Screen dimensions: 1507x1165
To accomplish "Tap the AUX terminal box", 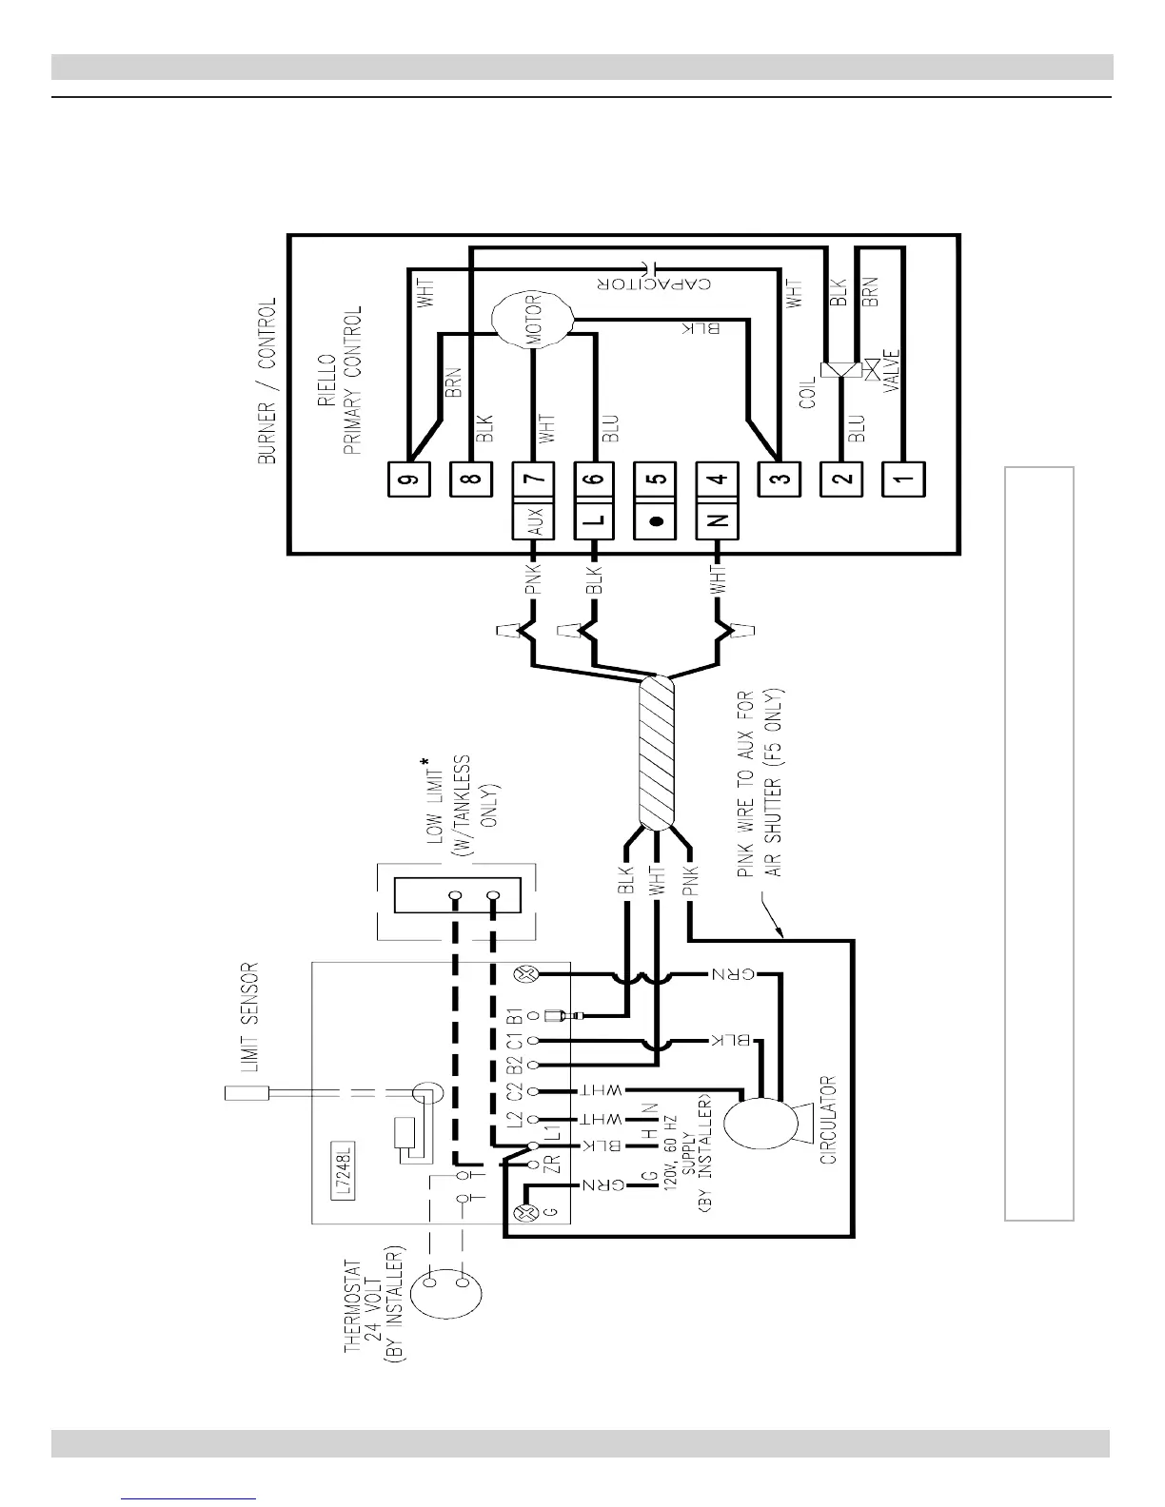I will [534, 521].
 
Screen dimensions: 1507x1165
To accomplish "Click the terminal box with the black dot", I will [655, 521].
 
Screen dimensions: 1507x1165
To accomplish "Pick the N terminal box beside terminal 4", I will [719, 521].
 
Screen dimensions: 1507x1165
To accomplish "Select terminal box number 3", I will [780, 479].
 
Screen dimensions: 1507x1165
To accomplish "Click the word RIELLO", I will [328, 379].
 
